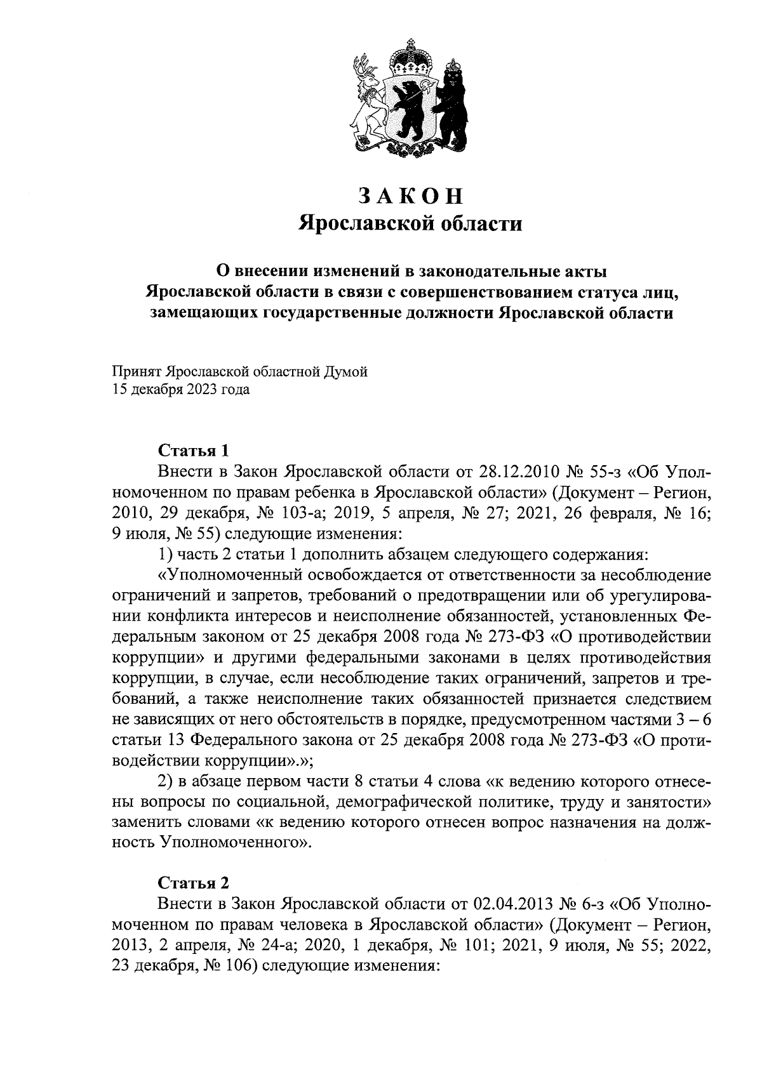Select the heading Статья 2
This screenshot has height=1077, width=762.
pos(192,883)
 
